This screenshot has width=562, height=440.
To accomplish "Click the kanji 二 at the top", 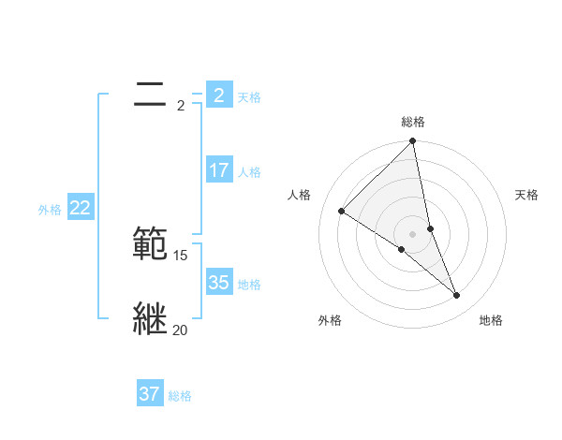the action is (x=150, y=95).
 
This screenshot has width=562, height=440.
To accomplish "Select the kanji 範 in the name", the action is (x=151, y=244).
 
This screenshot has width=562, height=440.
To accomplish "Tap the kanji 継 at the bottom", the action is (x=151, y=319).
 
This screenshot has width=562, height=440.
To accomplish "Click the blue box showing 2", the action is (x=218, y=95).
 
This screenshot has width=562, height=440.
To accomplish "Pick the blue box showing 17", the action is (x=218, y=170).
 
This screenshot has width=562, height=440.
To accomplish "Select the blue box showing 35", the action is (x=218, y=283).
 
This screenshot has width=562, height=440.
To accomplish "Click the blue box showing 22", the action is (x=80, y=208).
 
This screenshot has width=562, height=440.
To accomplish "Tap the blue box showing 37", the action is (x=150, y=394).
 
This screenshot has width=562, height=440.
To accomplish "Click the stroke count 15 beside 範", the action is (x=181, y=256).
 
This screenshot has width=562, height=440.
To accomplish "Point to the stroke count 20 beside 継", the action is (x=181, y=330).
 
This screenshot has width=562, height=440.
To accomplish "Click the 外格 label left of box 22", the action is (x=50, y=210).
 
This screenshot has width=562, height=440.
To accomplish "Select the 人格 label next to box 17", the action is (x=249, y=172).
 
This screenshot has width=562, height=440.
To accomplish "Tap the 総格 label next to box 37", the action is (x=180, y=396).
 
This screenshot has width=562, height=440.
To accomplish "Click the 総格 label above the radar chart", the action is (x=413, y=122).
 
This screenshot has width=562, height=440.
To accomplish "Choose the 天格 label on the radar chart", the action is (x=527, y=195).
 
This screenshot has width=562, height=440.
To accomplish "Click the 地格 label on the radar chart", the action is (x=491, y=321).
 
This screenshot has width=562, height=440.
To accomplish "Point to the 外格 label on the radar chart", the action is (x=330, y=321).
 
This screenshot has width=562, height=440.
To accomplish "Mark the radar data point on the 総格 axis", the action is (x=413, y=141).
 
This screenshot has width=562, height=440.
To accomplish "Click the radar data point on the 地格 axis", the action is (x=457, y=296).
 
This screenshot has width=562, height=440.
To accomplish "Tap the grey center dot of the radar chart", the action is (x=413, y=233).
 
